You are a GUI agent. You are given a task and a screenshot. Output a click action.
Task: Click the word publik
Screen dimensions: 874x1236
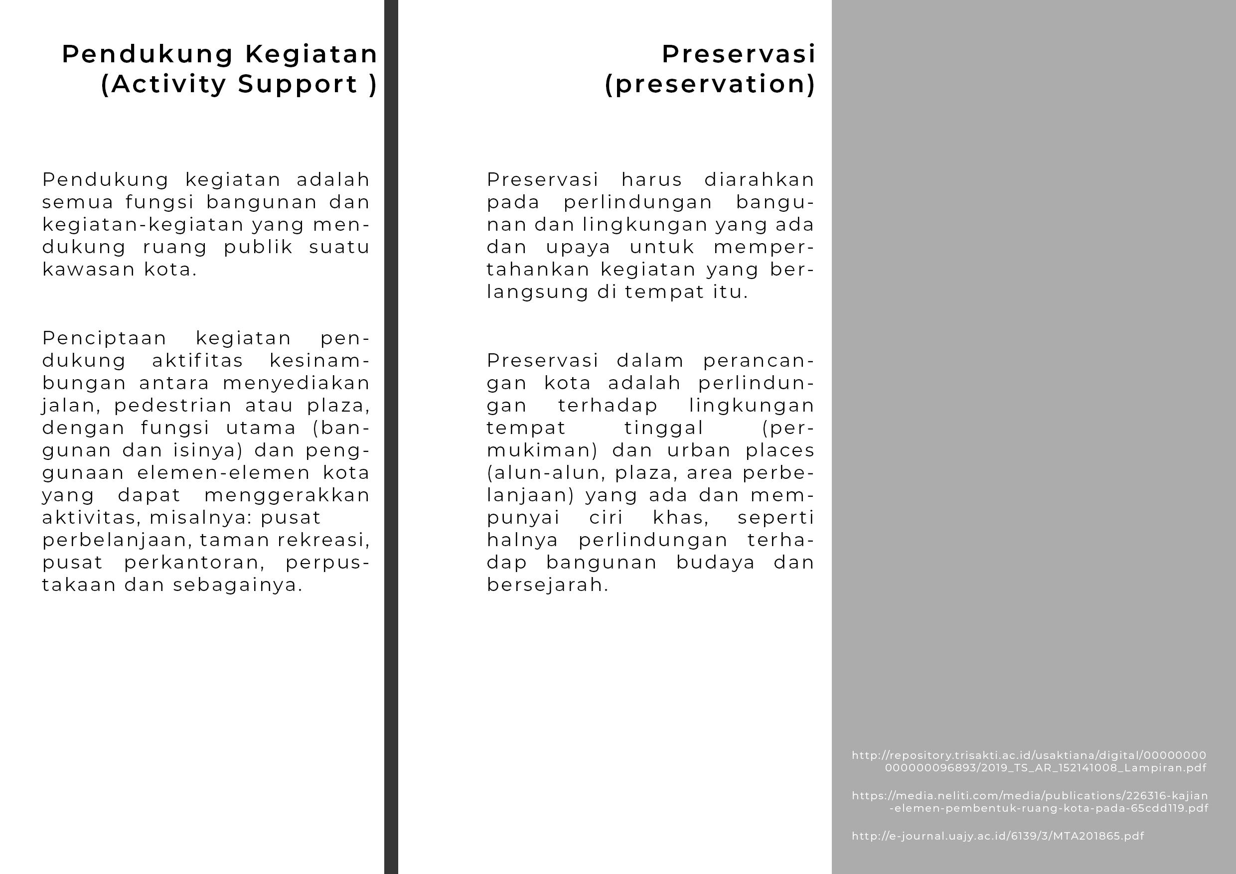(258, 247)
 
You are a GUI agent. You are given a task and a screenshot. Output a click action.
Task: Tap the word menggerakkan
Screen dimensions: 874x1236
(287, 495)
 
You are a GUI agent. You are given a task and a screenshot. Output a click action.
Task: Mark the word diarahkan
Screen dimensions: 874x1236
(759, 180)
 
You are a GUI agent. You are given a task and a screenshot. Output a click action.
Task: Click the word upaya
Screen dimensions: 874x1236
(578, 247)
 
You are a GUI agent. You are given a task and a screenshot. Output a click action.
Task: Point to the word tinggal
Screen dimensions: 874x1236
(664, 428)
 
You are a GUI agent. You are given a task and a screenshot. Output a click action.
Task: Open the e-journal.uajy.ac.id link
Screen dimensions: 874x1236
(997, 836)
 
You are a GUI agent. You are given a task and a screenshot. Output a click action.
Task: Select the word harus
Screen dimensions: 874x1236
(651, 180)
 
